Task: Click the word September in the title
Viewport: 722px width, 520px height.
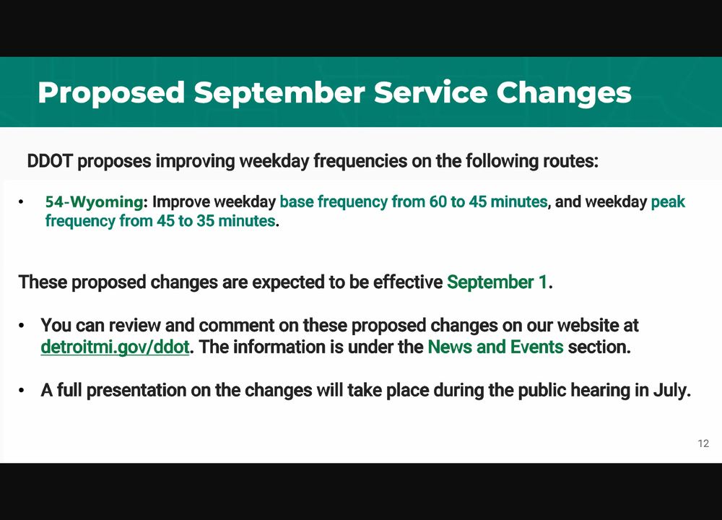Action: [279, 92]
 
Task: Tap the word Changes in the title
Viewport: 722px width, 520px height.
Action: [564, 93]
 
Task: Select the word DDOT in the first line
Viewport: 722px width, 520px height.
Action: [50, 161]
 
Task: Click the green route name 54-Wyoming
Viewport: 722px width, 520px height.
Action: [95, 201]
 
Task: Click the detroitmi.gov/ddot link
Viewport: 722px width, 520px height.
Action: [115, 347]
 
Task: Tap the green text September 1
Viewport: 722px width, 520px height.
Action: [497, 282]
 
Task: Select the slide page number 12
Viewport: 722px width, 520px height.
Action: [703, 443]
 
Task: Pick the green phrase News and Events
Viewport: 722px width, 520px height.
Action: [495, 347]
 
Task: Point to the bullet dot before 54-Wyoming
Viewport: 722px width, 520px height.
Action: [21, 202]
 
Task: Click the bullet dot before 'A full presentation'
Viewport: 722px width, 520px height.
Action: [21, 391]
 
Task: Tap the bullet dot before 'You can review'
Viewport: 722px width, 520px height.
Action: [21, 326]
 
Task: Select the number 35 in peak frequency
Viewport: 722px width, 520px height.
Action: [205, 221]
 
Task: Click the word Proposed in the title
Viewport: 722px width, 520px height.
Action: [111, 93]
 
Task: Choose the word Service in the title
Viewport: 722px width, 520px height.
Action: [430, 92]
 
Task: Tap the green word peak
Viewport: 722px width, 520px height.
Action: [668, 202]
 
